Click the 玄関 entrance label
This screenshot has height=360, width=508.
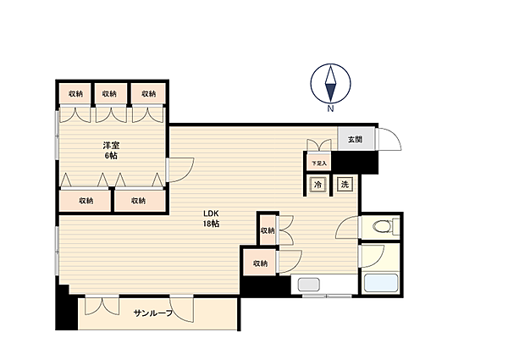point(355,140)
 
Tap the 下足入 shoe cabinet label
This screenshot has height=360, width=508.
point(319,163)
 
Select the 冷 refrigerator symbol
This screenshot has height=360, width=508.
point(317,185)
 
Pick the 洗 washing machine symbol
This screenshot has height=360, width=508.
point(345,185)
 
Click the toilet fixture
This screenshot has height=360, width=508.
point(386,226)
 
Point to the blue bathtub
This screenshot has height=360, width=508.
point(381,283)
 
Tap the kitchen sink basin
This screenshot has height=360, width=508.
point(309,285)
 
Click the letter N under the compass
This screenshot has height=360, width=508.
point(330,109)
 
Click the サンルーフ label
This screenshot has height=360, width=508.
point(153,313)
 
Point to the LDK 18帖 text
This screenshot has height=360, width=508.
point(211,219)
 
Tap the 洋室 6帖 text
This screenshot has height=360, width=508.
point(111,150)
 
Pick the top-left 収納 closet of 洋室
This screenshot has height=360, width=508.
point(75,94)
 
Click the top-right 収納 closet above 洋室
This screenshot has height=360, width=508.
point(149,94)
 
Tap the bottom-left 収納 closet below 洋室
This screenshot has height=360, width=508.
point(86,201)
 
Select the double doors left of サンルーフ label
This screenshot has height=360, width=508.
point(102,306)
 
